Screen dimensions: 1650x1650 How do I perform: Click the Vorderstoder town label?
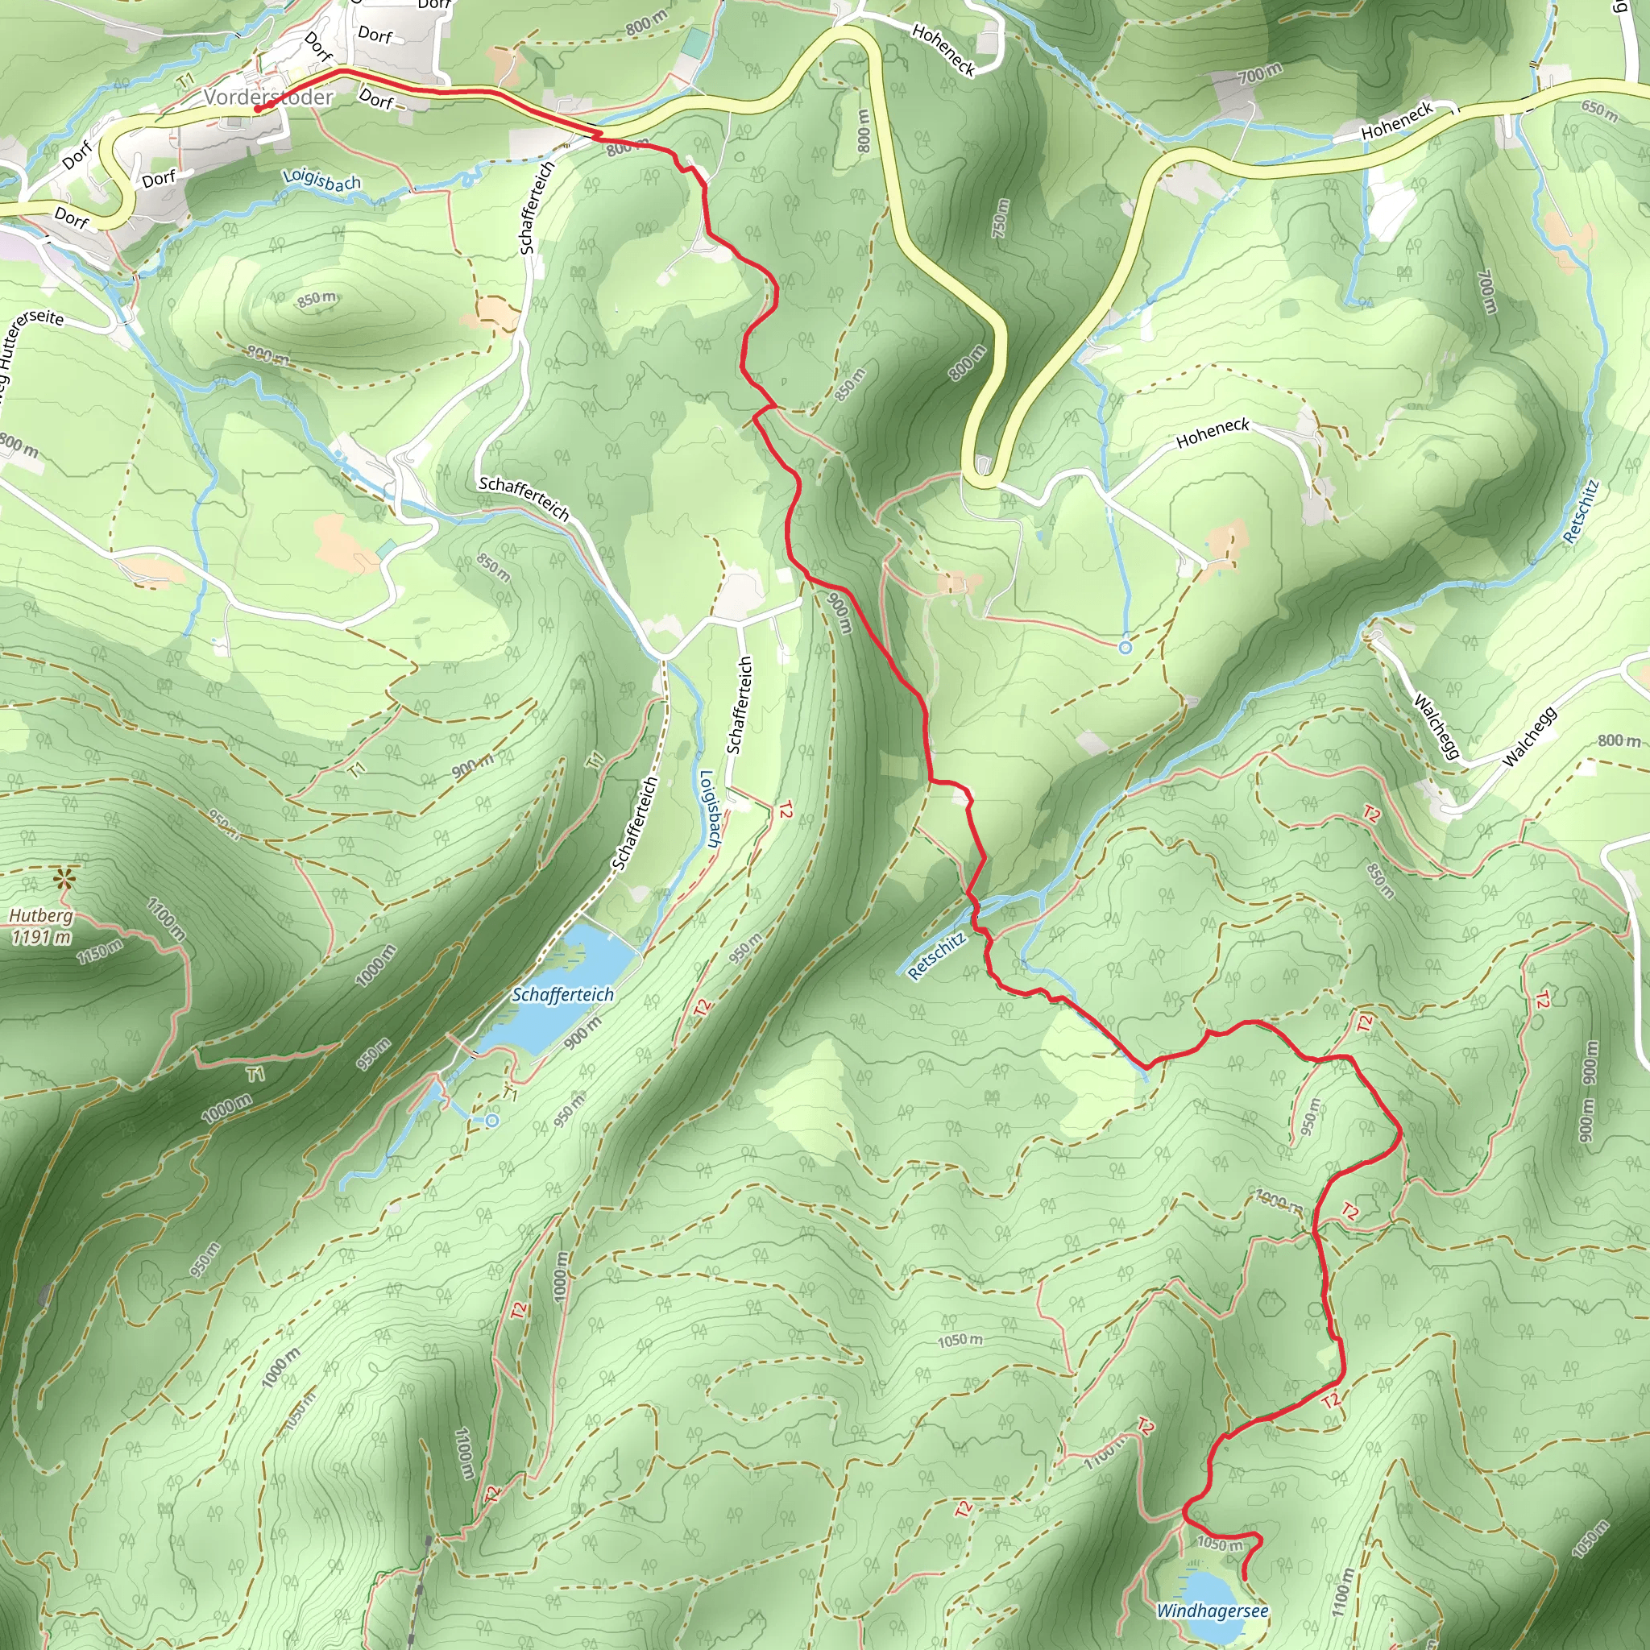(x=268, y=97)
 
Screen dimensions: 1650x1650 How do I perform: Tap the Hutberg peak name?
(x=41, y=916)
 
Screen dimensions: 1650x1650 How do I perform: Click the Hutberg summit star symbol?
(x=63, y=878)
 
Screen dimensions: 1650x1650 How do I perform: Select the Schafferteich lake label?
(x=562, y=995)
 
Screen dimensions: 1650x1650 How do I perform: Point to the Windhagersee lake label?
(x=1212, y=1611)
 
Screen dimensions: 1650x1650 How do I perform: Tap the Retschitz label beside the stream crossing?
(x=937, y=956)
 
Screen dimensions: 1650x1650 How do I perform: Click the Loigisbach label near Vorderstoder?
(x=321, y=180)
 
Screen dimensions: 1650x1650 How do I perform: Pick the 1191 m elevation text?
(x=41, y=937)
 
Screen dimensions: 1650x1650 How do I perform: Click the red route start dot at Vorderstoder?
(x=256, y=110)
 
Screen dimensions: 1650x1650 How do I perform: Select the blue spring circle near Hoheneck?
(x=1125, y=649)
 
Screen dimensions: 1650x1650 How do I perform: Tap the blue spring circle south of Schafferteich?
(x=492, y=1121)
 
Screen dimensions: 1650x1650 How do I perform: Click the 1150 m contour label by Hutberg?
(x=99, y=951)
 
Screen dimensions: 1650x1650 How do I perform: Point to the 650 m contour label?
(x=1598, y=111)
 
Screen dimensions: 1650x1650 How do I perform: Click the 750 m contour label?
(x=1001, y=219)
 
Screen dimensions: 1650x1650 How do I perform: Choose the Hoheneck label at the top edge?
(x=943, y=49)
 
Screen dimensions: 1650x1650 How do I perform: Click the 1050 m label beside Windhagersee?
(x=1220, y=1542)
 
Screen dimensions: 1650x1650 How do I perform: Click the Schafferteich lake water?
(x=589, y=965)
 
